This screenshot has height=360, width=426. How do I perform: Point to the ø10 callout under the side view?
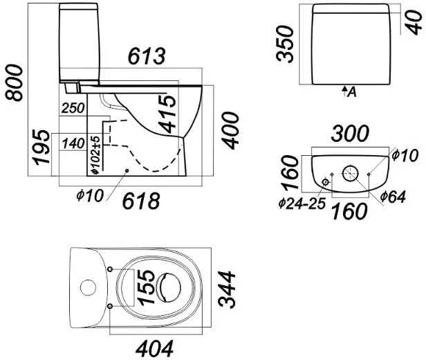89,196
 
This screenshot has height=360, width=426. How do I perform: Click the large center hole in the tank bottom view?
351,172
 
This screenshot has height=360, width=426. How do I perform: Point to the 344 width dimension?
228,291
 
